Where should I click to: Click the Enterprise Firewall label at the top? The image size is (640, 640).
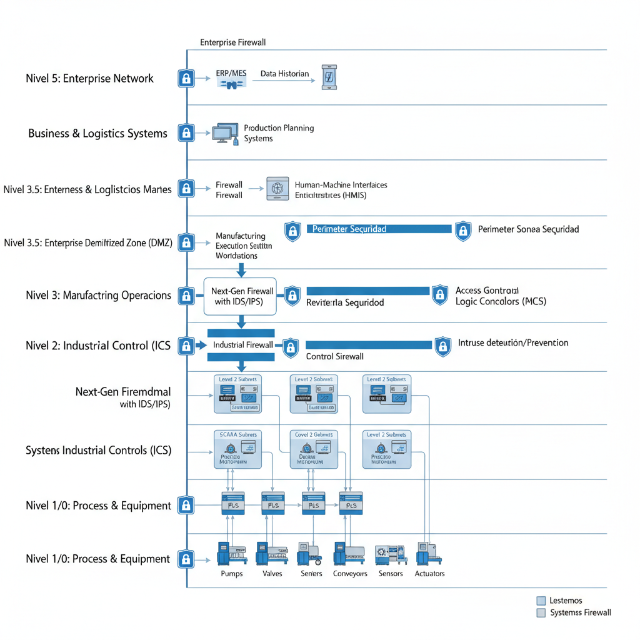[233, 42]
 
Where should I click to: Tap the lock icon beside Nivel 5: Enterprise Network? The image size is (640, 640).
[186, 78]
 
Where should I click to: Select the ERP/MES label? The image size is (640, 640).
[231, 74]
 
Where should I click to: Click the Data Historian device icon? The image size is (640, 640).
[329, 77]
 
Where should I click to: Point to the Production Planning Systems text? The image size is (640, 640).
[279, 133]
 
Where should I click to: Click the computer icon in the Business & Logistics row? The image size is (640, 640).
[226, 132]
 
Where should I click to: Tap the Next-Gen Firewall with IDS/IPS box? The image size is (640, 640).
[241, 296]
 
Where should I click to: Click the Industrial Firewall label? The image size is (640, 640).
[242, 345]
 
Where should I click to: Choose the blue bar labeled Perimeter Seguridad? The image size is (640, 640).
[379, 229]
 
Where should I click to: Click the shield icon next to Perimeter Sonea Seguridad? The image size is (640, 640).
[462, 231]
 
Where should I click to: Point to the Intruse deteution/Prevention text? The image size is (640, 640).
[513, 342]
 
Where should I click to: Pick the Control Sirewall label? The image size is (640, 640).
[334, 356]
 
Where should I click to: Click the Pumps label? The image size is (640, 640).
[232, 574]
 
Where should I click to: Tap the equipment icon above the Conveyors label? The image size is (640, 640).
[349, 553]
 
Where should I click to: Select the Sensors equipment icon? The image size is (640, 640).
[390, 554]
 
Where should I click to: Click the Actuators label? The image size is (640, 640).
[429, 574]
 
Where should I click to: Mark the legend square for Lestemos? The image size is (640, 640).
[541, 601]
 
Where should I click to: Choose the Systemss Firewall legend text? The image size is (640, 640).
[581, 612]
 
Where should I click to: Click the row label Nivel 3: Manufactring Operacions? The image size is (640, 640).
[98, 296]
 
